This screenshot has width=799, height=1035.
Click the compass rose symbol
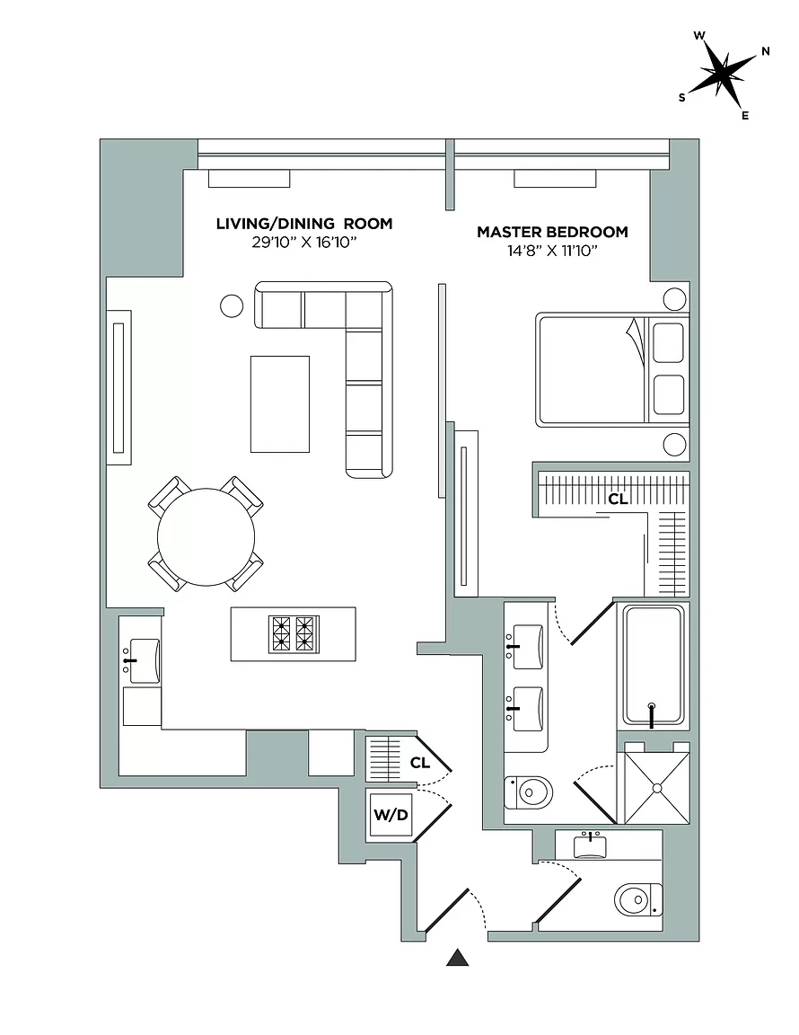(x=724, y=74)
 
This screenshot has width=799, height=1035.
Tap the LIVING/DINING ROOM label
(x=304, y=224)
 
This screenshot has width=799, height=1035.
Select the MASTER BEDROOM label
(x=552, y=232)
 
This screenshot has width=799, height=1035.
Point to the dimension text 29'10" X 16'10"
(x=304, y=243)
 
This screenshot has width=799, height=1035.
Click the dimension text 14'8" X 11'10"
(x=552, y=251)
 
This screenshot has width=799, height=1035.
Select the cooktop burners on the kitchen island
(x=294, y=633)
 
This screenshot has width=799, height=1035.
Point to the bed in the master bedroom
(x=612, y=369)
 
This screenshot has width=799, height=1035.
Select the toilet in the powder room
(x=637, y=898)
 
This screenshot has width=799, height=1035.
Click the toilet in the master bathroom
(x=529, y=792)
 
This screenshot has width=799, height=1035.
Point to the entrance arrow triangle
(x=458, y=959)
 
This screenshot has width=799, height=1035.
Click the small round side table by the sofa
(x=232, y=306)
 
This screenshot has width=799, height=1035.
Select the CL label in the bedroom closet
(x=618, y=499)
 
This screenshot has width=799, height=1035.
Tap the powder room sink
(x=590, y=845)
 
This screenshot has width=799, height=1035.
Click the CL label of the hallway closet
(x=419, y=763)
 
